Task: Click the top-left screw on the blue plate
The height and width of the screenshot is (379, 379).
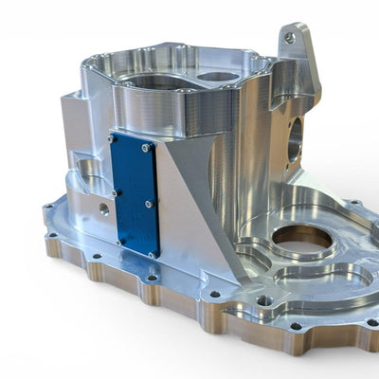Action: point(114,139)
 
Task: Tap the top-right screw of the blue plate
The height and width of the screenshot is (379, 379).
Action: point(145,148)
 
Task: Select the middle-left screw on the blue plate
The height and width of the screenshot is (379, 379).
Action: point(115,192)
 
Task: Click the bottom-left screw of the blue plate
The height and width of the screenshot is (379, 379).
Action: point(119,242)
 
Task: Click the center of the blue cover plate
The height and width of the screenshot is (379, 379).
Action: point(133,196)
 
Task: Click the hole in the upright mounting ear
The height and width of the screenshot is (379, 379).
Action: point(290,39)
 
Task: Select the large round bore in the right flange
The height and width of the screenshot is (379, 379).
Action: point(302,238)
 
